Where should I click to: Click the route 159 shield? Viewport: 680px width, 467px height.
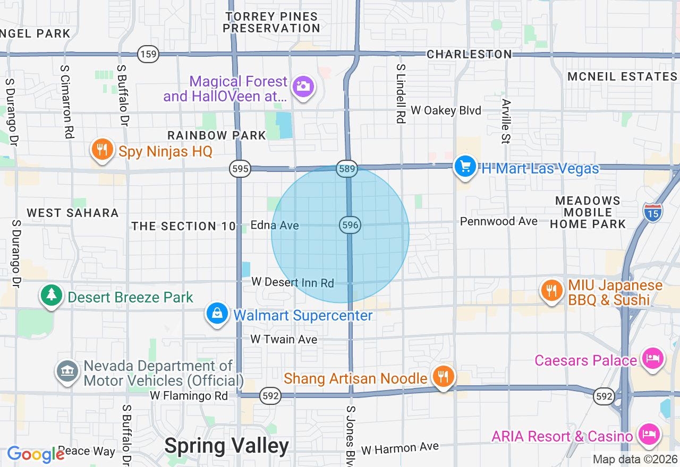pos(148,54)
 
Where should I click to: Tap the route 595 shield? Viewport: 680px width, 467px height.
pos(240,169)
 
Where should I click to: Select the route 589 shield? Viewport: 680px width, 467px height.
pos(346,169)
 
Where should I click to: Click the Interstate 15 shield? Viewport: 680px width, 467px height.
pos(652,212)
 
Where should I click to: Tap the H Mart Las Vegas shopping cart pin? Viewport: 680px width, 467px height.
pos(465,167)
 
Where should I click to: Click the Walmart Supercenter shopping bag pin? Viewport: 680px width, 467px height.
pos(217,314)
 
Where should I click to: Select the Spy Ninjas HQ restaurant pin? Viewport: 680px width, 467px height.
pos(101,150)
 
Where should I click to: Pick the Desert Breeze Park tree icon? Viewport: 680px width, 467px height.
pos(52,295)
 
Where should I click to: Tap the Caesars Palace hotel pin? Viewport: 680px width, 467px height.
pos(652,359)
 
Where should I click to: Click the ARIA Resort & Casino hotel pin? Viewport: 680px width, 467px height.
pos(649,435)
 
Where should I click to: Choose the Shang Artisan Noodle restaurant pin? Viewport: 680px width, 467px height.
pos(442,377)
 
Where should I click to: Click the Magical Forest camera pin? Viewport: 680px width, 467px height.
pos(304,86)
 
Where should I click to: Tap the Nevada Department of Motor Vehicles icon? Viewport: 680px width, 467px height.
pos(67,371)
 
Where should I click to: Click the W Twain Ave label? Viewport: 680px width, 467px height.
pos(284,339)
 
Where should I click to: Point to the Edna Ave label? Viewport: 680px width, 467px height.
pos(275,226)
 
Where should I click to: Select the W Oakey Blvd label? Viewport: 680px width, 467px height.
pos(446,110)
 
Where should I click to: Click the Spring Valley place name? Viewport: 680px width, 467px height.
pos(226,446)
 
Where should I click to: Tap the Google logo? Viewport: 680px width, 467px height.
pos(36,454)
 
